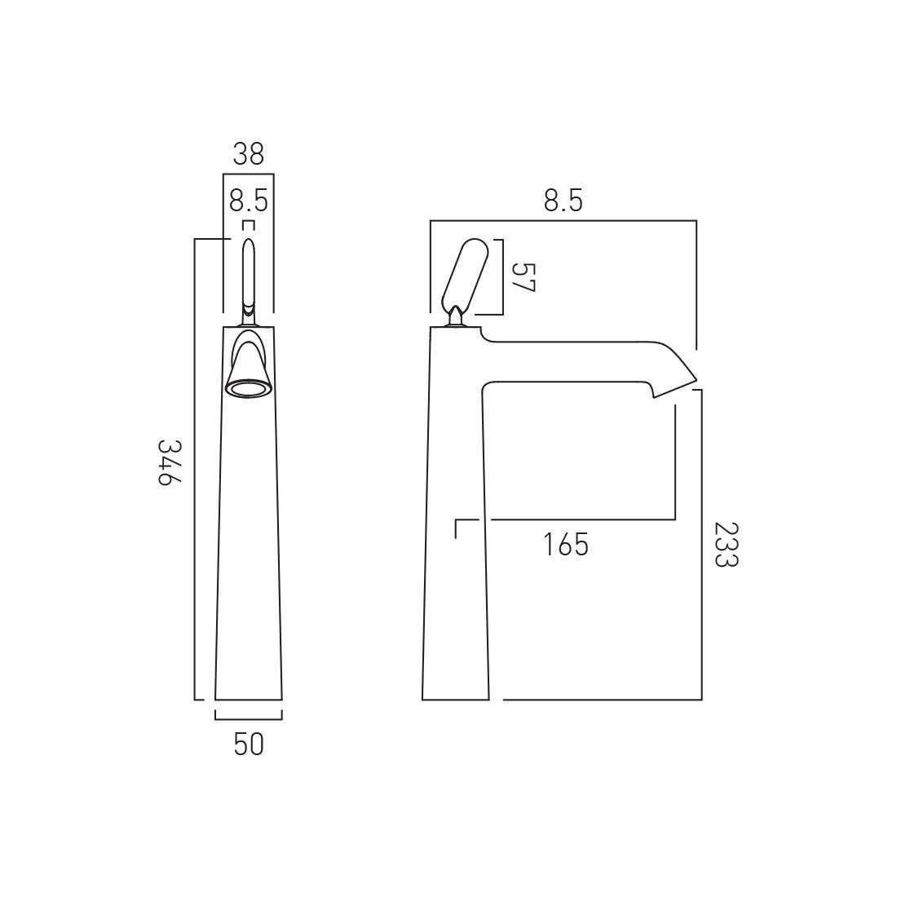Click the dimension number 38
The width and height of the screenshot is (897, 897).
248,154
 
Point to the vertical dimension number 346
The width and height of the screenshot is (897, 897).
170,463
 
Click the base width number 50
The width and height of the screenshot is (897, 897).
249,745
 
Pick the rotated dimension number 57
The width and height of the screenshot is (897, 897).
523,277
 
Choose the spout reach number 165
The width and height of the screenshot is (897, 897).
565,545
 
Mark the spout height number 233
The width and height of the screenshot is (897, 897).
727,545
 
